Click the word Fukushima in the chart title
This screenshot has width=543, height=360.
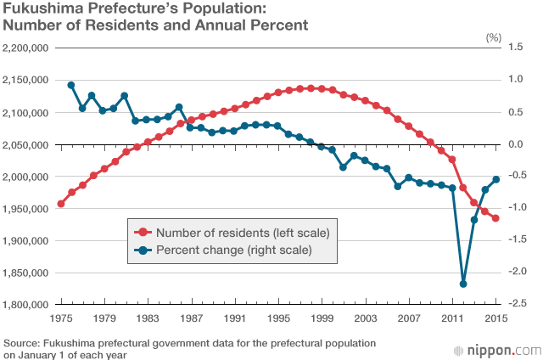coord(37,10)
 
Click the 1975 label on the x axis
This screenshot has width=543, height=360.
coord(60,318)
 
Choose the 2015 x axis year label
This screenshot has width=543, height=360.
coord(496,318)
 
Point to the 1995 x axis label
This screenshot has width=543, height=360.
coord(278,318)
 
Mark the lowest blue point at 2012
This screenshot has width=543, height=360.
coord(463,284)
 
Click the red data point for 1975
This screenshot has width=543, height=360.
coord(60,204)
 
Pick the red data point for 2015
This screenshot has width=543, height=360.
coord(496,218)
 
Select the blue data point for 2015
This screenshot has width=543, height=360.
coord(496,179)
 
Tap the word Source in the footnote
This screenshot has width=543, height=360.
coord(21,343)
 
